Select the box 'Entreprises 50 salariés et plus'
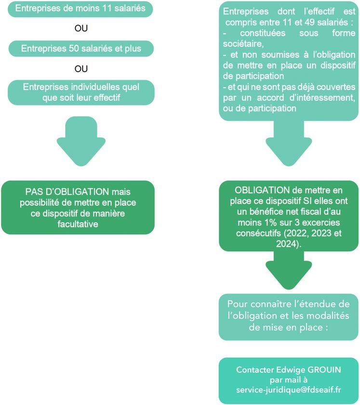coord(80,48)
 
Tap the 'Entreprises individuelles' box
coord(80,92)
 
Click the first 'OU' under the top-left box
coord(81,28)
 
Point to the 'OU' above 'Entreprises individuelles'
coord(81,69)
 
